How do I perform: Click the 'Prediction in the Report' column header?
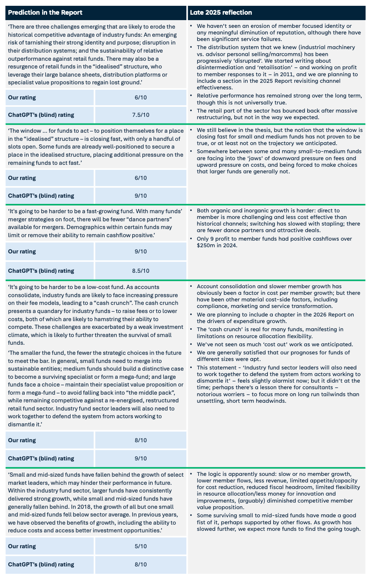tap(45, 12)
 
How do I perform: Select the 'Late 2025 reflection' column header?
tap(221, 12)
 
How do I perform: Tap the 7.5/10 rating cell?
tap(141, 115)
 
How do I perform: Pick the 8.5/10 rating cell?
tap(141, 271)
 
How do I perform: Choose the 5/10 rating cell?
tap(141, 546)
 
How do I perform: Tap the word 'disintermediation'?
tap(221, 67)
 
